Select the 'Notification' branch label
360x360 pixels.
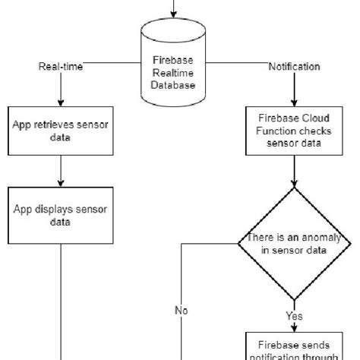(294, 67)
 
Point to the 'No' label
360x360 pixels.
(182, 310)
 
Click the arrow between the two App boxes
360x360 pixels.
(61, 173)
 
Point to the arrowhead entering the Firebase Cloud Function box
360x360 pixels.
(294, 102)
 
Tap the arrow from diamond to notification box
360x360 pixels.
(294, 323)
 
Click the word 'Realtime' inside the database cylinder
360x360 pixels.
(174, 74)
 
